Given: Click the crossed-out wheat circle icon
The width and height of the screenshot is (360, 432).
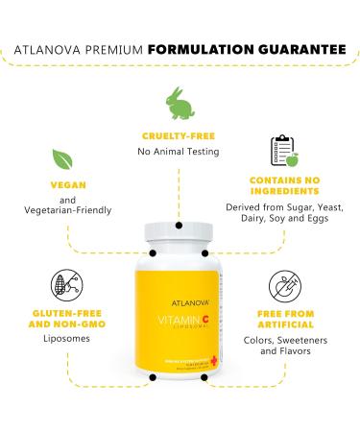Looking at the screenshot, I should point(60,285).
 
